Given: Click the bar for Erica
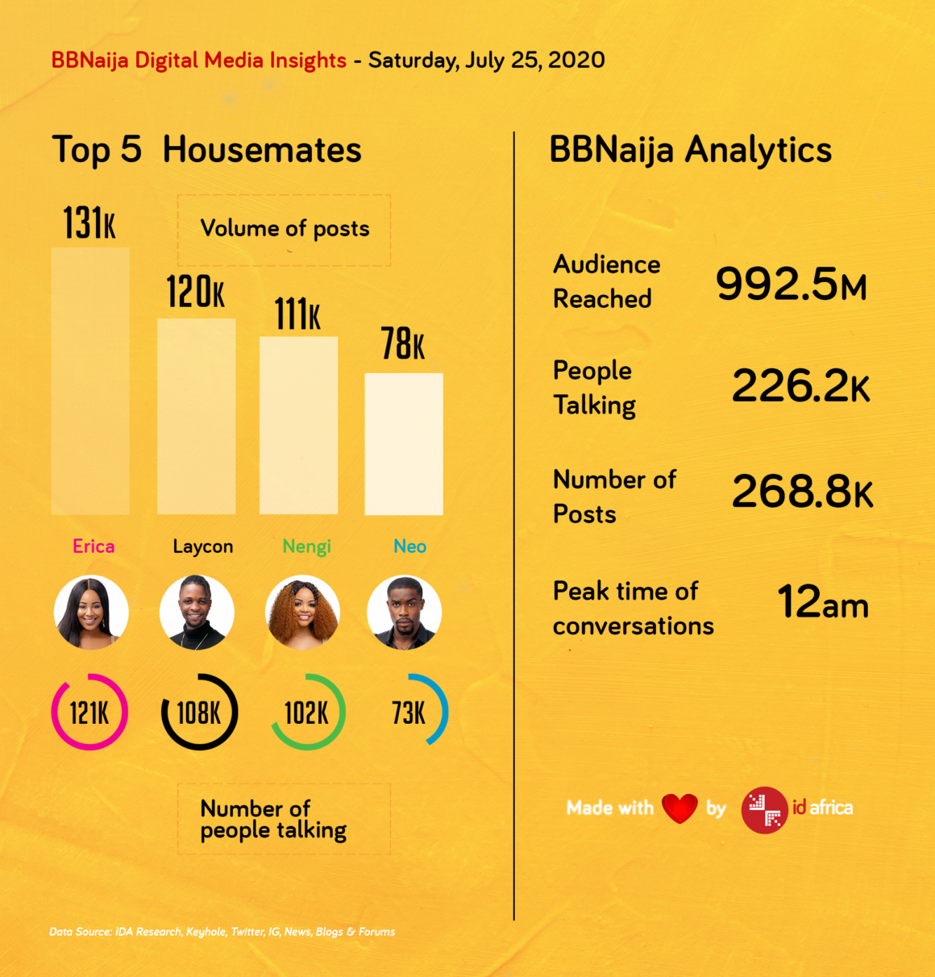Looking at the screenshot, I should tap(90, 381).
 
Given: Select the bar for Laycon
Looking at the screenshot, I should tap(197, 416).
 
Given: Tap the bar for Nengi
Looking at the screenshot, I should tap(298, 425).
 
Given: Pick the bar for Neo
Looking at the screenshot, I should tap(404, 443).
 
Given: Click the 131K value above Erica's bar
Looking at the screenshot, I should tap(89, 223).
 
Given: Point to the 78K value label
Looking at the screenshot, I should tap(403, 344).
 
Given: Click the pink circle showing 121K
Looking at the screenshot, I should tap(89, 713).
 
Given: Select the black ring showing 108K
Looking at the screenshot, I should tap(199, 713).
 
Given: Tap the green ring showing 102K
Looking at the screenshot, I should tap(307, 713).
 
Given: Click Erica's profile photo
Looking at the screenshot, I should tap(91, 613).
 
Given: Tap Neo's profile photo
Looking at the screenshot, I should tap(404, 613).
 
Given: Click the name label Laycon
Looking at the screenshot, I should tap(203, 547).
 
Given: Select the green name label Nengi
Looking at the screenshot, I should tap(306, 547).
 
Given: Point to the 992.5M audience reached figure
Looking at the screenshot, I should tap(791, 284).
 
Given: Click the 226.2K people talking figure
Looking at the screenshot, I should tap(800, 386).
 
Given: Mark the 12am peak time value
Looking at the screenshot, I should tap(823, 602).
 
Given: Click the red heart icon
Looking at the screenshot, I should tap(679, 808).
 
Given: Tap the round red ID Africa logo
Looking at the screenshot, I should tap(764, 809).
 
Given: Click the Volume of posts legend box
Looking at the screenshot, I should tap(285, 230).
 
